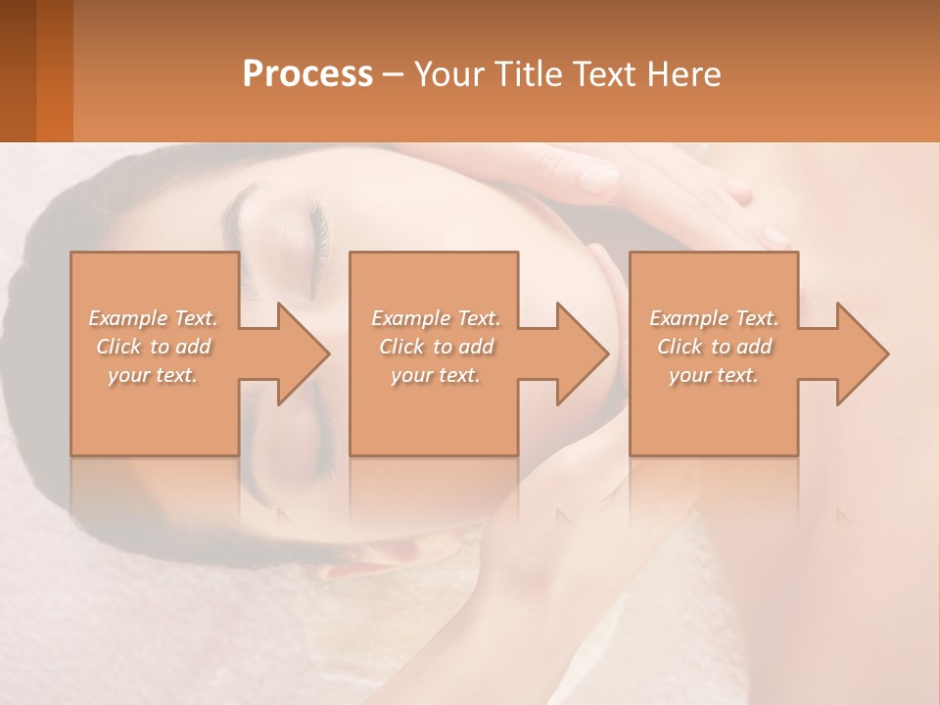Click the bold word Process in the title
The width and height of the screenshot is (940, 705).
pyautogui.click(x=307, y=73)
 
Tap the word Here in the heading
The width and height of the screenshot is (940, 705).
pyautogui.click(x=683, y=73)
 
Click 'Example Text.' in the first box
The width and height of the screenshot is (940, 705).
pyautogui.click(x=153, y=318)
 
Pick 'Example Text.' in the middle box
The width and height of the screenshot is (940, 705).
pyautogui.click(x=435, y=318)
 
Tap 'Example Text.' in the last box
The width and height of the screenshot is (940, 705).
pyautogui.click(x=713, y=318)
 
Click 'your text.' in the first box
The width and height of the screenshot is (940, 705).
pyautogui.click(x=153, y=375)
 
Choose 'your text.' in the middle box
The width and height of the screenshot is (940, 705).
pyautogui.click(x=435, y=375)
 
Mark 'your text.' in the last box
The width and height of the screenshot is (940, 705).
pyautogui.click(x=713, y=375)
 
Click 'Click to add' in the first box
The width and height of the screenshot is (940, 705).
pyautogui.click(x=153, y=347)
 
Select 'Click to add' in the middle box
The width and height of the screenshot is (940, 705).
pyautogui.click(x=435, y=347)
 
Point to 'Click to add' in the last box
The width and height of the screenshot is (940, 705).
pyautogui.click(x=713, y=347)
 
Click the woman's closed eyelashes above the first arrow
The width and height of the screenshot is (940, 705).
pyautogui.click(x=318, y=235)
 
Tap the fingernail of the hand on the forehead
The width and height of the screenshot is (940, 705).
pyautogui.click(x=597, y=179)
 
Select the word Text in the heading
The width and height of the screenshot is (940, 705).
pyautogui.click(x=604, y=73)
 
